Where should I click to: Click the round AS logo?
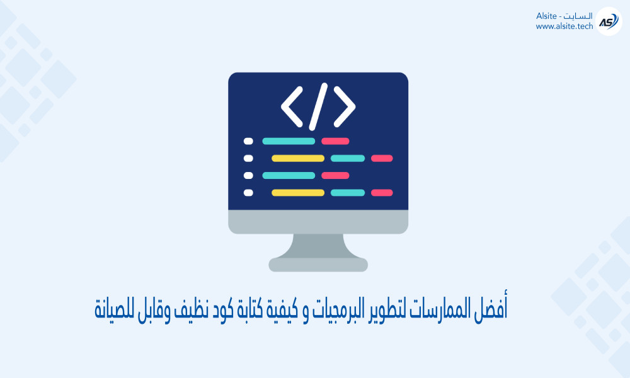pos(609,21)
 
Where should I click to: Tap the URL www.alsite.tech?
pos(564,26)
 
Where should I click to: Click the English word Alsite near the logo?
pos(546,16)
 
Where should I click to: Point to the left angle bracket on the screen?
pos(292,107)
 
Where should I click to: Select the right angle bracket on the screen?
pos(345,107)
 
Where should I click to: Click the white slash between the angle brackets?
pos(318,107)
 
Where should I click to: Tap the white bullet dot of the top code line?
pos(248,141)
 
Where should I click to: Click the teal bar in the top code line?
pos(289,141)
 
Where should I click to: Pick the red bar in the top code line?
pos(335,141)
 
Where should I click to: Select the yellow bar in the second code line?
pos(298,158)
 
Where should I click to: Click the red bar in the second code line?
pos(382,158)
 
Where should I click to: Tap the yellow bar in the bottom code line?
pos(298,193)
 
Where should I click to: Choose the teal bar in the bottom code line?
pos(348,193)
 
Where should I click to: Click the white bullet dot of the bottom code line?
pos(248,193)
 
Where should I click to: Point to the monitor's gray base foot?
pos(318,265)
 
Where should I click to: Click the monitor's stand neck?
pos(318,246)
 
